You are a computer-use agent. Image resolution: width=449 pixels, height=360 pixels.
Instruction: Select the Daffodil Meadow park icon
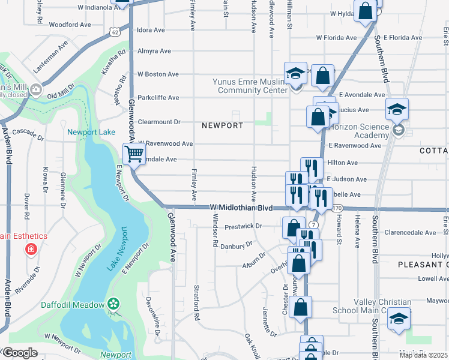pos(112,305)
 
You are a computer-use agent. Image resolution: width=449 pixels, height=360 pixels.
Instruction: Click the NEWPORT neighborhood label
pos(222,125)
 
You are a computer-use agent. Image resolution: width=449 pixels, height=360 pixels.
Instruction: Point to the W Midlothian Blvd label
pos(242,207)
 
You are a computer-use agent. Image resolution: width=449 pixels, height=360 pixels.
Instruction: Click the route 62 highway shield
pos(114,31)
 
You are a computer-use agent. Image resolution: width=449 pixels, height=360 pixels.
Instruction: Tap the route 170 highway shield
pos(337,208)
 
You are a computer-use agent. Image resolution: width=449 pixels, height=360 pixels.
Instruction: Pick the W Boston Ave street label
pos(158,74)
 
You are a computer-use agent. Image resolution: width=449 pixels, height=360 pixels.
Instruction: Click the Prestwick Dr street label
pos(243,226)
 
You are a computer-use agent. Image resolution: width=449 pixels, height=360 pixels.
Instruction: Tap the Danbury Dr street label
pos(236,245)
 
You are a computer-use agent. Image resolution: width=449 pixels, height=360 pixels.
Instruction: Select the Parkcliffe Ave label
pos(158,97)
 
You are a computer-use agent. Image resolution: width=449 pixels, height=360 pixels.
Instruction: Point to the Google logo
pos(19,353)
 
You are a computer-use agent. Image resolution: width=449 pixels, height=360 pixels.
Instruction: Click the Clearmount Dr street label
pos(159,121)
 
